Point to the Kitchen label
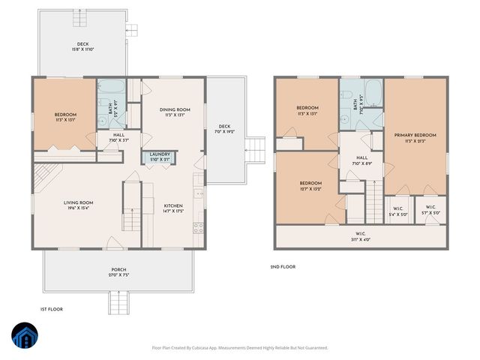pos(174,208)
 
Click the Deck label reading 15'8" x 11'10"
pos(82,46)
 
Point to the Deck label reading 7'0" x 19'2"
pos(224,129)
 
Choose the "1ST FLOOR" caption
pos(51,309)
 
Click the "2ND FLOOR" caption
pos(283,267)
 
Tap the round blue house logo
pos(25,337)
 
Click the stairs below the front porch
pos(118,303)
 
